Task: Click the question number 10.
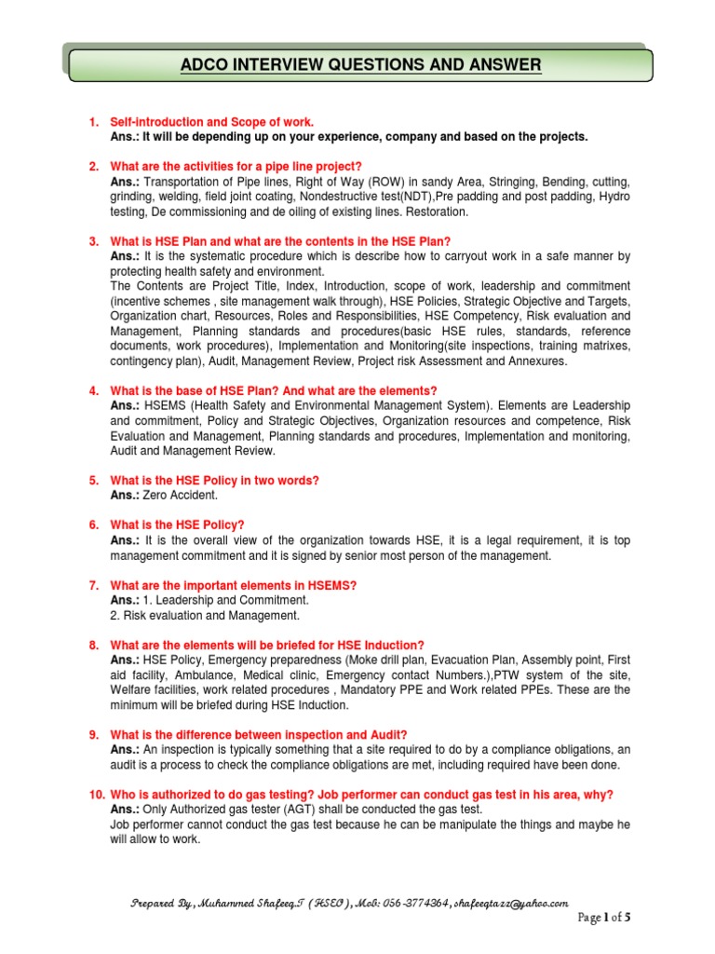pyautogui.click(x=96, y=794)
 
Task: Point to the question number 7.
pyautogui.click(x=93, y=585)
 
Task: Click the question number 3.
pyautogui.click(x=93, y=240)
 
